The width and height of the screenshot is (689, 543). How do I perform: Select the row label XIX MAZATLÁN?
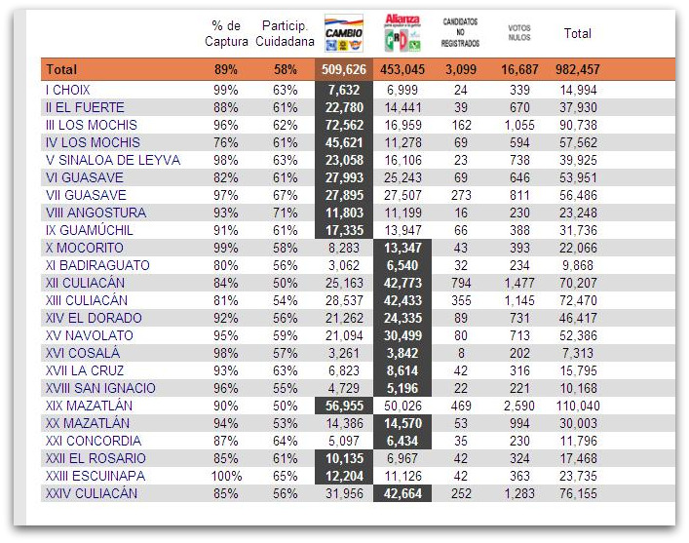tap(89, 406)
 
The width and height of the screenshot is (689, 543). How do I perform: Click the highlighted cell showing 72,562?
tap(343, 125)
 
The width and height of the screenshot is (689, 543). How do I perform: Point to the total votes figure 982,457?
tap(577, 70)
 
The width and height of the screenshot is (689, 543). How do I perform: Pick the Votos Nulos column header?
tap(519, 33)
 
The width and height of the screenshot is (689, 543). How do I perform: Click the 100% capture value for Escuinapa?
tap(226, 476)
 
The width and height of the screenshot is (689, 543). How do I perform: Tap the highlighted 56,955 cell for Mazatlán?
tap(343, 406)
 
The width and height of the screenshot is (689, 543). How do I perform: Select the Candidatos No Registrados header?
tap(460, 33)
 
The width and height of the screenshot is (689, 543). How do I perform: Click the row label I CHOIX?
tap(68, 90)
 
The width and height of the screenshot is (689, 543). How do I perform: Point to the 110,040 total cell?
tap(577, 406)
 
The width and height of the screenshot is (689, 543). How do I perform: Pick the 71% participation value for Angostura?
tap(285, 213)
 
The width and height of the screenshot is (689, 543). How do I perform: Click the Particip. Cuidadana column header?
tap(285, 33)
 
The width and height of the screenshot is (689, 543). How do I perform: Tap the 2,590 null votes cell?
tap(518, 406)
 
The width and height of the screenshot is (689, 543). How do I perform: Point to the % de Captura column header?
tap(226, 33)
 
